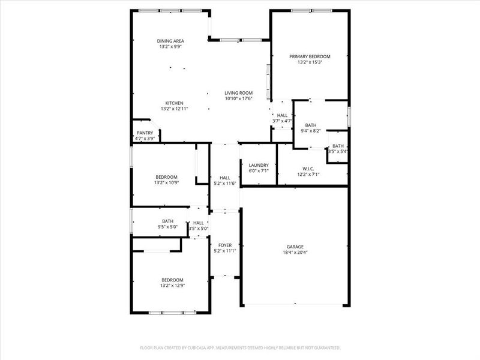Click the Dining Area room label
click(171, 41)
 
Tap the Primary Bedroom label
click(310, 56)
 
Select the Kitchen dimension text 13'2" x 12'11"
click(175, 109)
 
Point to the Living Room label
click(238, 92)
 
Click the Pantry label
click(145, 133)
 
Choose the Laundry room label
click(259, 165)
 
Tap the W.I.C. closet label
click(309, 169)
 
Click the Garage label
click(295, 247)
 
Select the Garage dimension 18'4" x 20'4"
click(295, 252)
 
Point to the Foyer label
click(225, 245)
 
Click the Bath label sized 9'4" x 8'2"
click(310, 125)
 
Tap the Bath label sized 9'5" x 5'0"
click(167, 221)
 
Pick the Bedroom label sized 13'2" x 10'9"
click(166, 176)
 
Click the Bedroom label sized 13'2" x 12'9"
click(172, 280)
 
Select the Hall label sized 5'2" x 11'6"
click(225, 178)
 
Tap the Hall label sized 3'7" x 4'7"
click(282, 115)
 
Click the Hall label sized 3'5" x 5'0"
click(198, 223)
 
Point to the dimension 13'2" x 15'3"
click(310, 62)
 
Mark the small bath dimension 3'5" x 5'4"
click(338, 151)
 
